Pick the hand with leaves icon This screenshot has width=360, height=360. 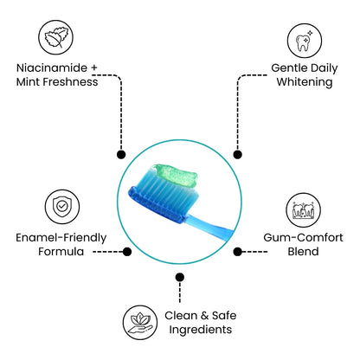pyautogui.click(x=138, y=320)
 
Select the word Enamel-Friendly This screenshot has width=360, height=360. pyautogui.click(x=58, y=236)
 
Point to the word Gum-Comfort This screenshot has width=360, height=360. pyautogui.click(x=302, y=236)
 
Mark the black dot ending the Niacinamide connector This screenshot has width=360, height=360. pyautogui.click(x=120, y=154)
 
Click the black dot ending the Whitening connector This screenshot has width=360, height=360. pyautogui.click(x=238, y=154)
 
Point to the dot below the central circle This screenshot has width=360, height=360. pyautogui.click(x=179, y=277)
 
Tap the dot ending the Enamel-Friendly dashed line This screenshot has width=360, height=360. pyautogui.click(x=127, y=252)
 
